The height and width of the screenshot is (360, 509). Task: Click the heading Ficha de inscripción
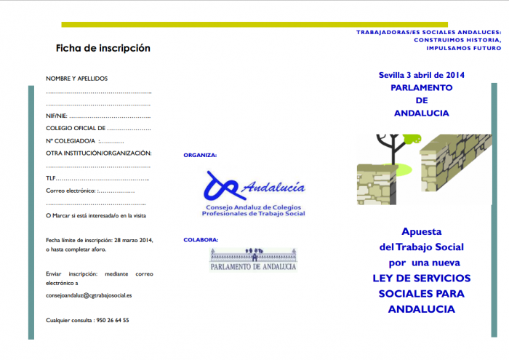click(x=103, y=49)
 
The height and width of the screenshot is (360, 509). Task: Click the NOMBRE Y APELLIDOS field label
click(x=77, y=78)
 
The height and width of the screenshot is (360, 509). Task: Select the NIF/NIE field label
click(x=57, y=116)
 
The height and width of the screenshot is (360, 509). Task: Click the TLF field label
click(x=50, y=178)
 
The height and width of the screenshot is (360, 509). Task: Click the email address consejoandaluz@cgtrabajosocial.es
click(x=89, y=296)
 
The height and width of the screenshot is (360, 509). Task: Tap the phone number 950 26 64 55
click(x=112, y=320)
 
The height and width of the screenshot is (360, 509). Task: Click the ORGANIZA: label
click(x=200, y=155)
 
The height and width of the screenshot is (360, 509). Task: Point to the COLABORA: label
click(x=201, y=239)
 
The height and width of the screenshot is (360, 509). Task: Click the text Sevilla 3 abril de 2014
click(x=421, y=75)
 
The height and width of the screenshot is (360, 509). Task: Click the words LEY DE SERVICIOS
click(x=421, y=278)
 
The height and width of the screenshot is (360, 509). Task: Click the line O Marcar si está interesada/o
click(x=96, y=216)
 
